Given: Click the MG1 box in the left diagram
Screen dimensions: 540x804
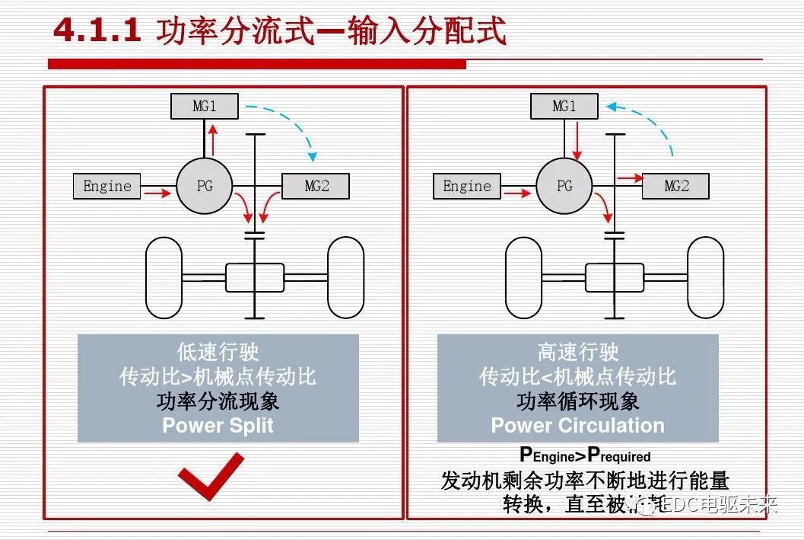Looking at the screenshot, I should pyautogui.click(x=204, y=107).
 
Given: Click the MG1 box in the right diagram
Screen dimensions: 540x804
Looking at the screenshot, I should pyautogui.click(x=564, y=107).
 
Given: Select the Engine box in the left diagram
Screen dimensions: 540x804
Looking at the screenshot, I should pyautogui.click(x=107, y=187).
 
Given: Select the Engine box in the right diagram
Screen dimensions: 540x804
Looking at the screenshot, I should pyautogui.click(x=467, y=187).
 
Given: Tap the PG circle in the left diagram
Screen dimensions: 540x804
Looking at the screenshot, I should pyautogui.click(x=205, y=186).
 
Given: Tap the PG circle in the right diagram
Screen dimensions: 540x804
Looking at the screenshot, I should pyautogui.click(x=564, y=186).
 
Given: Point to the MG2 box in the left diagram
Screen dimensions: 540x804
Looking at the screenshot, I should pyautogui.click(x=316, y=187).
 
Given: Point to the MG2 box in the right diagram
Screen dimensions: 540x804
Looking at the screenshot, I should pyautogui.click(x=675, y=187).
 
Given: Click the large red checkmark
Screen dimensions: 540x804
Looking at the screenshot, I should pyautogui.click(x=211, y=478).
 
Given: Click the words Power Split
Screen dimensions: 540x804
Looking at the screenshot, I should pyautogui.click(x=218, y=425).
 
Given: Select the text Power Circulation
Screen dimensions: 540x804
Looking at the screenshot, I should pyautogui.click(x=577, y=425).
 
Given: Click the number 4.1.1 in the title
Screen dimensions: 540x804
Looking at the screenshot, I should pyautogui.click(x=97, y=30).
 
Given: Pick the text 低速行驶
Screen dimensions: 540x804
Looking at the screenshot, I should pyautogui.click(x=218, y=352).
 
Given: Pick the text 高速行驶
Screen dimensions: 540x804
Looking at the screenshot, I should pyautogui.click(x=577, y=352).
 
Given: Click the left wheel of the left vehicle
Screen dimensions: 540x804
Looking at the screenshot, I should pyautogui.click(x=164, y=277).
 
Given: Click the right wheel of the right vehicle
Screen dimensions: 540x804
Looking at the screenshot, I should pyautogui.click(x=705, y=277).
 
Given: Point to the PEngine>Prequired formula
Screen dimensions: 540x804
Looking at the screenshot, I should pyautogui.click(x=584, y=455).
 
